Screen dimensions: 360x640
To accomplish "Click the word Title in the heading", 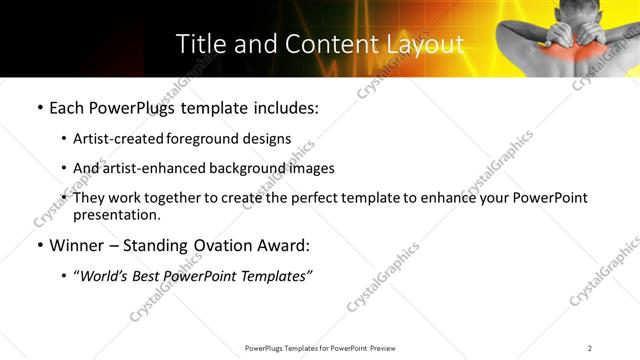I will pyautogui.click(x=198, y=44).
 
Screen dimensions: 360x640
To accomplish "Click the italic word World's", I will pyautogui.click(x=106, y=276).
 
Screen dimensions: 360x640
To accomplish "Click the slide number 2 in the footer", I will pyautogui.click(x=590, y=348).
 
